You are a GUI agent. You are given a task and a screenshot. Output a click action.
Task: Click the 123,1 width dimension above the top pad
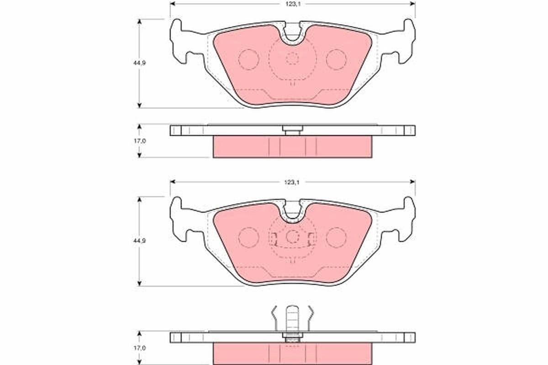click(x=292, y=4)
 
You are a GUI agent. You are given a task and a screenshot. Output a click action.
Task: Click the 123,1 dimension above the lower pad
click(x=292, y=182)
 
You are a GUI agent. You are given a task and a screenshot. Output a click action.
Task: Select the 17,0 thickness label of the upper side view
click(x=140, y=141)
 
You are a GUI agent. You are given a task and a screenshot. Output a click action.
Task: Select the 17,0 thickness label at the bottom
click(x=140, y=348)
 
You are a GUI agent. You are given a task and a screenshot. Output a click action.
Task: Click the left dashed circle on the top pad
click(x=249, y=59)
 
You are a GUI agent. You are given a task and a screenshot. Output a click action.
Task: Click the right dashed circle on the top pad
click(x=337, y=59)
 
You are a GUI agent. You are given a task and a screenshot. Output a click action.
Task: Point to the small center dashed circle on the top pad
click(x=292, y=58)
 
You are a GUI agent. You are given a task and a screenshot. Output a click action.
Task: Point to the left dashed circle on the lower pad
click(x=249, y=237)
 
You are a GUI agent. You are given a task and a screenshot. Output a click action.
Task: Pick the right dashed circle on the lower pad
click(x=337, y=237)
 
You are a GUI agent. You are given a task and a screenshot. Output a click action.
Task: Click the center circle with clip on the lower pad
click(x=292, y=236)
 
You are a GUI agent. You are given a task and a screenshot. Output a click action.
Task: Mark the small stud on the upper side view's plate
click(x=292, y=130)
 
